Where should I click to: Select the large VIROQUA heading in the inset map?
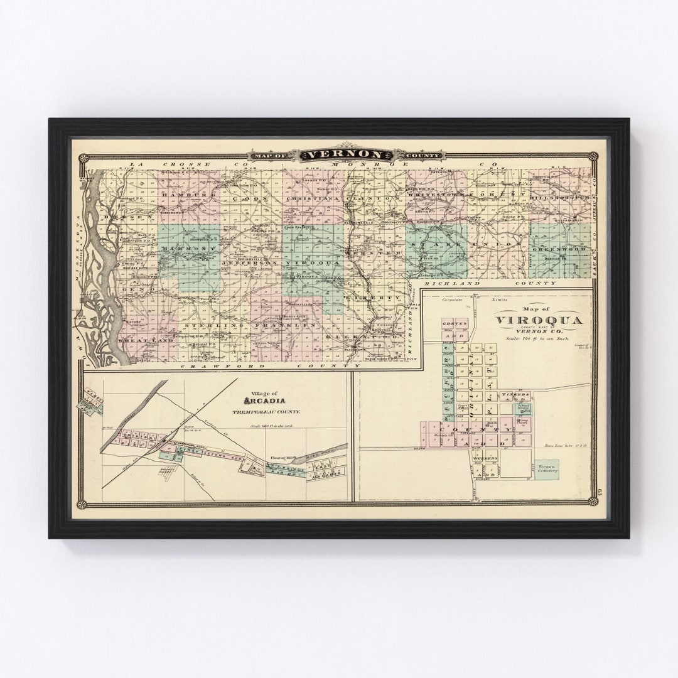(539, 320)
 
